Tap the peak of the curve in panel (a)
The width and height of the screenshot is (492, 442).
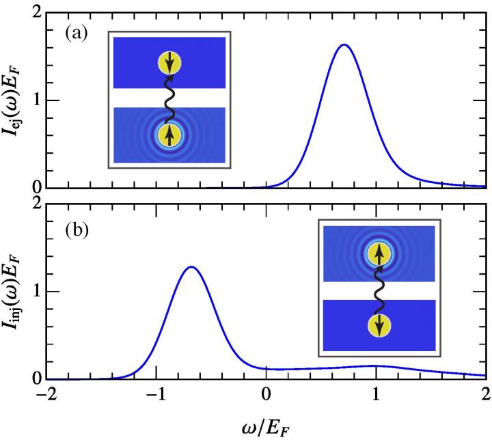click(344, 45)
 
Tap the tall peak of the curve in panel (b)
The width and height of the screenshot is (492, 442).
click(191, 266)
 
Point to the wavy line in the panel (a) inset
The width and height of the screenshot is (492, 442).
click(169, 99)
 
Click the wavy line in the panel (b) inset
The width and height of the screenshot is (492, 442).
click(379, 290)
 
